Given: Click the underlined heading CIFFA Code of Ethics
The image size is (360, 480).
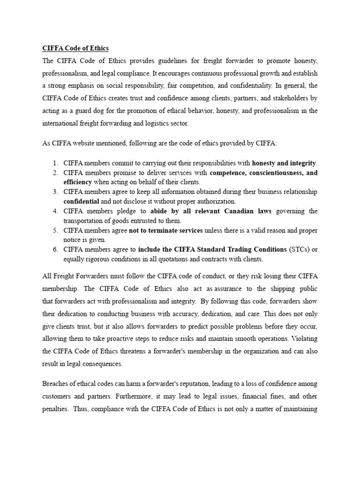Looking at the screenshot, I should [75, 48].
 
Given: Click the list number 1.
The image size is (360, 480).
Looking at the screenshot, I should [55, 163].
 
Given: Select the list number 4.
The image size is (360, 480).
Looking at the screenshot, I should [55, 211].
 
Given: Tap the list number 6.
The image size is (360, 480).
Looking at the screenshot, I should [55, 249].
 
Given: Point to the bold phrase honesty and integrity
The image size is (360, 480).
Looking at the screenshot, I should [284, 163].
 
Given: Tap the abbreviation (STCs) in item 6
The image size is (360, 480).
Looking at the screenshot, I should [300, 249].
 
